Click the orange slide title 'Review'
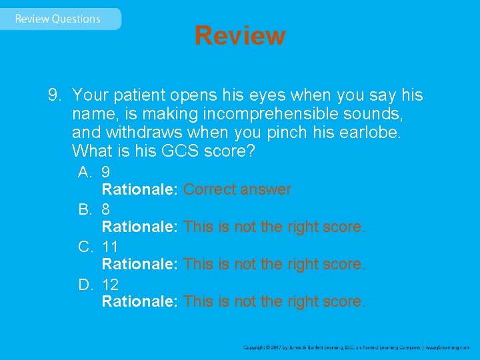[240, 35]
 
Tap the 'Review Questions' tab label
[57, 19]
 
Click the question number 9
[53, 95]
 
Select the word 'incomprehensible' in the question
[273, 114]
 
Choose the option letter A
[84, 172]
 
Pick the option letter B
[84, 209]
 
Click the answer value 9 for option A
[106, 172]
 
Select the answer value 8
[106, 209]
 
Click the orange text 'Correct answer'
[237, 190]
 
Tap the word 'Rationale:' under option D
[139, 302]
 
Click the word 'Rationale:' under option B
[139, 227]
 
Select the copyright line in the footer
[356, 347]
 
